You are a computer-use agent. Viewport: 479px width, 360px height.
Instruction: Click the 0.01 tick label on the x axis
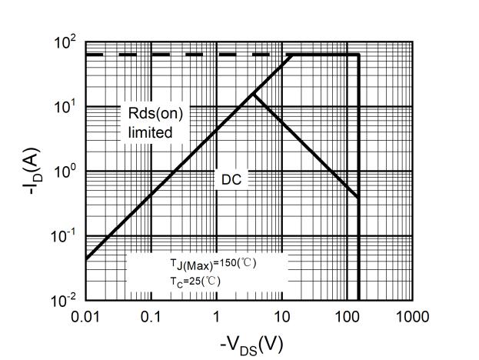(85, 317)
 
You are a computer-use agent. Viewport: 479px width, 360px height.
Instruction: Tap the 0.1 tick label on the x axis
(151, 317)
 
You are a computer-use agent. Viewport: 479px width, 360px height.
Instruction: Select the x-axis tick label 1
(216, 317)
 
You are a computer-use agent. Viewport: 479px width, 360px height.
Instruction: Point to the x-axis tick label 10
(281, 317)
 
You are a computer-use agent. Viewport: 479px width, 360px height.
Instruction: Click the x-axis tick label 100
(347, 317)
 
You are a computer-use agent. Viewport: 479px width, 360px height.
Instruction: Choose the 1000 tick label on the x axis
(412, 317)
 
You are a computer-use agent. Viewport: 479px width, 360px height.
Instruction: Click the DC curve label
(232, 179)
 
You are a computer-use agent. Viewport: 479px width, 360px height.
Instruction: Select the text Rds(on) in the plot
(155, 114)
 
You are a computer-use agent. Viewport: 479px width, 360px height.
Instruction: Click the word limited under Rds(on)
(150, 132)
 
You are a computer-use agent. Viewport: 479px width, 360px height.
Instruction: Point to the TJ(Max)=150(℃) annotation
(213, 263)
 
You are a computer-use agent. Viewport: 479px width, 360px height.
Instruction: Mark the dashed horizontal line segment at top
(177, 55)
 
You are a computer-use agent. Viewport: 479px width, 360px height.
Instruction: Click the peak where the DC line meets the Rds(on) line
(253, 94)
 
